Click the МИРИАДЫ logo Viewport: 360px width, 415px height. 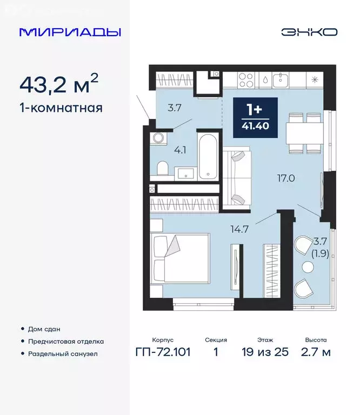tap(70, 32)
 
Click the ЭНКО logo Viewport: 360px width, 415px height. tap(309, 32)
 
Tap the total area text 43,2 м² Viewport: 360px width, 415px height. tap(59, 84)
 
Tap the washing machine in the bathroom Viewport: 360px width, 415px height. tap(158, 138)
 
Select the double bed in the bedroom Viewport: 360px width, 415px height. tap(179, 258)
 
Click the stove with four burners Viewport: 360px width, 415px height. tap(246, 80)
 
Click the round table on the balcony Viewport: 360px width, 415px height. tap(308, 266)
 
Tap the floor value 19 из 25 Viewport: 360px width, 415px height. tap(265, 352)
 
